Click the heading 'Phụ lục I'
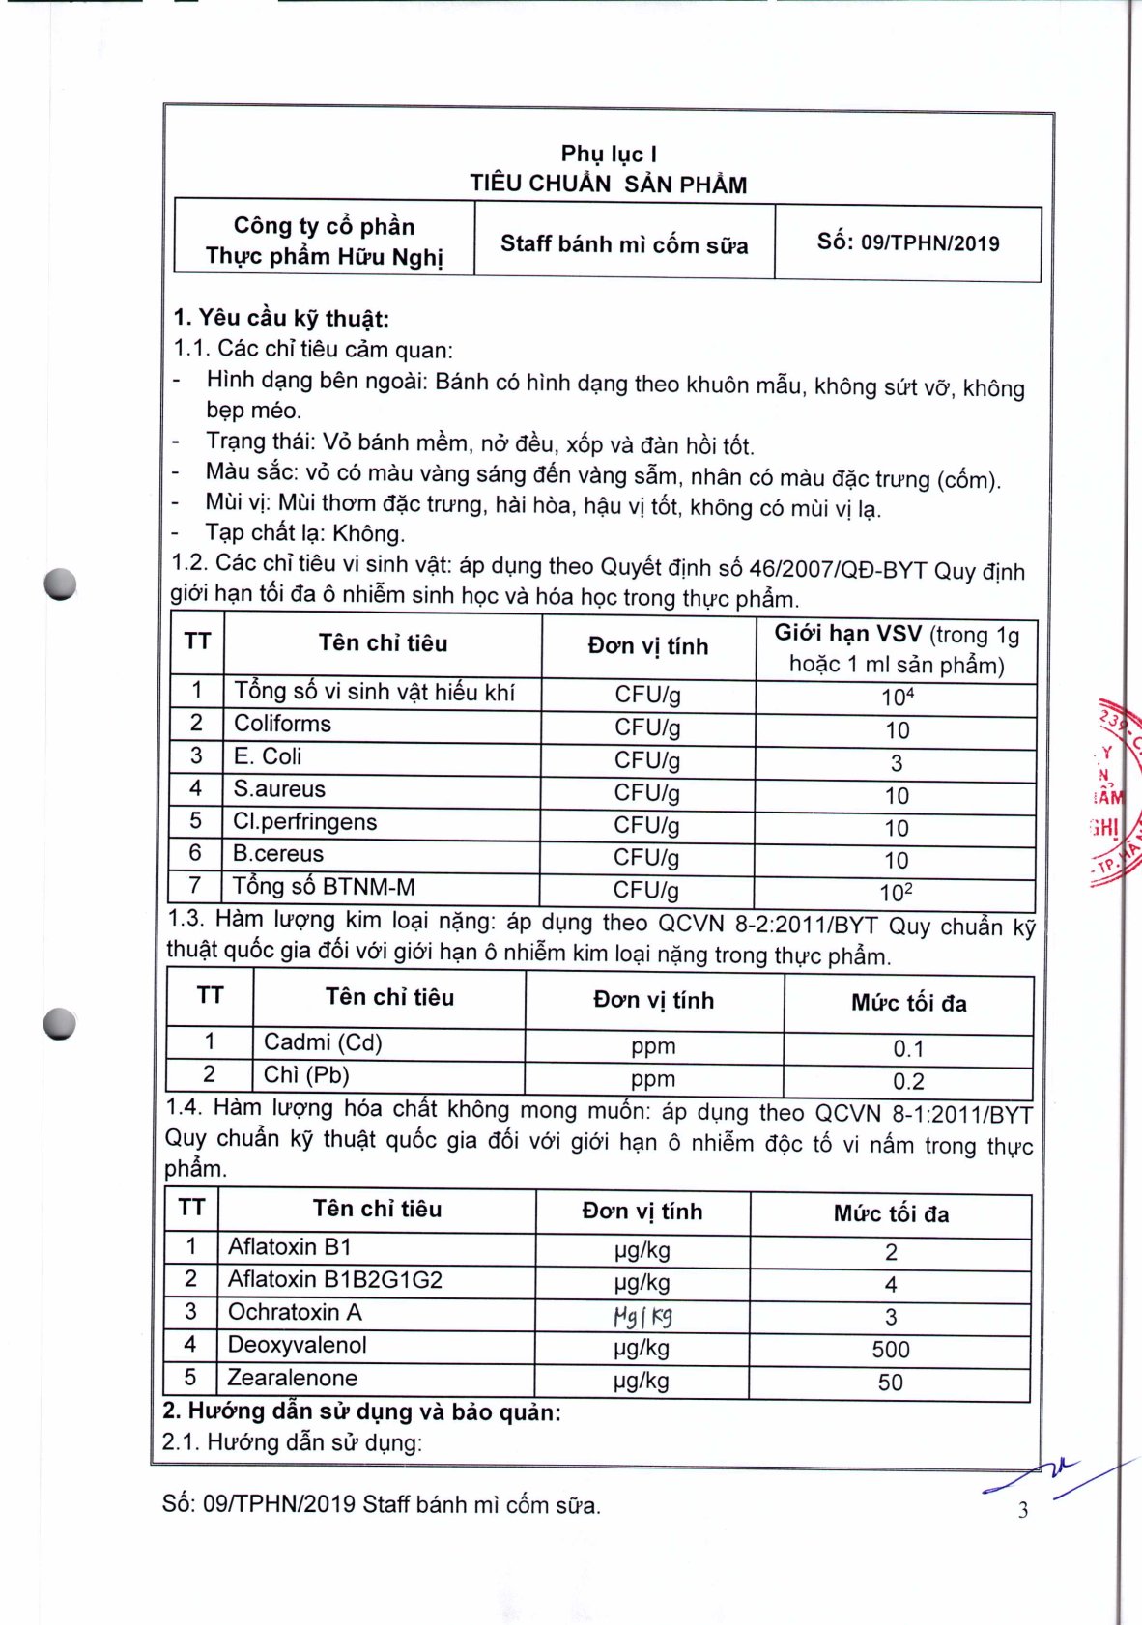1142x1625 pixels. [x=609, y=154]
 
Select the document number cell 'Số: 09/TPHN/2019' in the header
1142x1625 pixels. [x=907, y=242]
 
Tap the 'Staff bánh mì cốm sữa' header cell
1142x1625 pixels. [x=624, y=244]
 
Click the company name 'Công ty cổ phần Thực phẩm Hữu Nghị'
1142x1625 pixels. [x=324, y=241]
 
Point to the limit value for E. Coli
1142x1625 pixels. [x=896, y=763]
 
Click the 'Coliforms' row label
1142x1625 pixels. [x=282, y=724]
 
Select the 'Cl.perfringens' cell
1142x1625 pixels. [x=305, y=821]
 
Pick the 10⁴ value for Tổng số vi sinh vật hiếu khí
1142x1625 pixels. [x=897, y=698]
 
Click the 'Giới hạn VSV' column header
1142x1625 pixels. [x=896, y=649]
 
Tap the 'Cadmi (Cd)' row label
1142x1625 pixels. [x=323, y=1042]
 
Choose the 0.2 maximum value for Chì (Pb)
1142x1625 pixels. [x=908, y=1081]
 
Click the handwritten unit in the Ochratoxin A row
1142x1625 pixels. [x=642, y=1316]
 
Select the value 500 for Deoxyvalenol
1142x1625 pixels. [x=890, y=1350]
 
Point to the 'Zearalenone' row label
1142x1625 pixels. [x=292, y=1378]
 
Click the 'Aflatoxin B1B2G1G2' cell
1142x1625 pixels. [x=334, y=1280]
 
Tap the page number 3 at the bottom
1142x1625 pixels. [x=1023, y=1510]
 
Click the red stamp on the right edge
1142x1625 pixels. [x=1114, y=792]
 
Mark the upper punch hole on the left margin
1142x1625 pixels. [x=60, y=584]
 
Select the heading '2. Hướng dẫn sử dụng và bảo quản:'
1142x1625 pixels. [x=361, y=1411]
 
